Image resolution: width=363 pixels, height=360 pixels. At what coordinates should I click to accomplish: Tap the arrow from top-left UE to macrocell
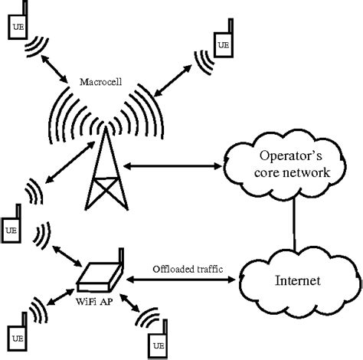(x=62, y=67)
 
